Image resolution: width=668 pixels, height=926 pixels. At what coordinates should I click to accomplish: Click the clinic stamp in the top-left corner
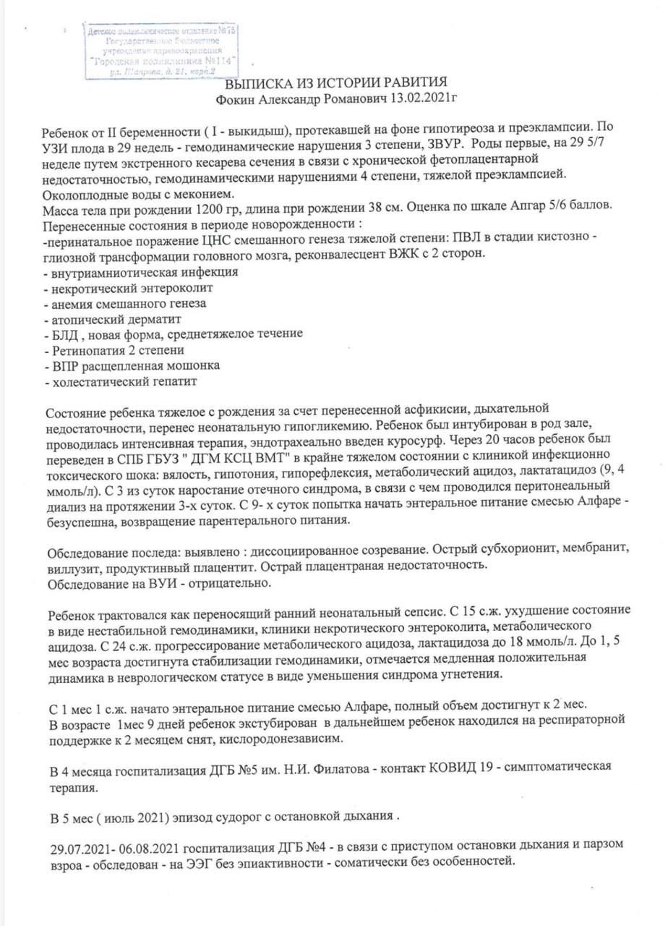(x=163, y=51)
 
